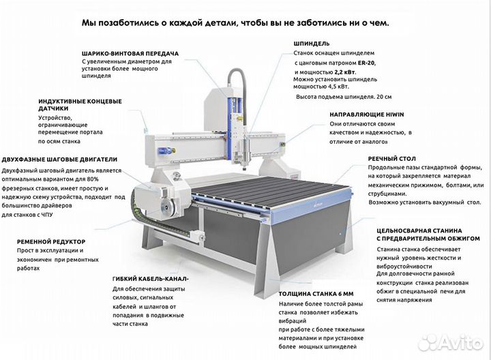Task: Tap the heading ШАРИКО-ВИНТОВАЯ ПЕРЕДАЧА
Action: [x=130, y=52]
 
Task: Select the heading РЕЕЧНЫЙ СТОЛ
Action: [x=391, y=157]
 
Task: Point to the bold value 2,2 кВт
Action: [x=344, y=71]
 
